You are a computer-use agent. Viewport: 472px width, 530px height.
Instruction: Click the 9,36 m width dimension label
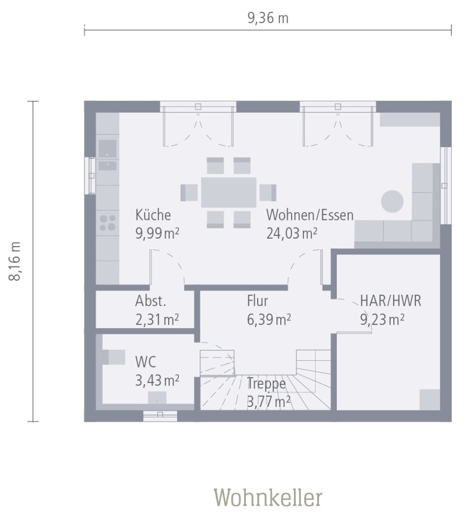(267, 19)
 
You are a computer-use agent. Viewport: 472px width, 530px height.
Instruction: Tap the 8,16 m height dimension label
(16, 261)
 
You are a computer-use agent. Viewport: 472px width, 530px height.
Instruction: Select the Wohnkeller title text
(268, 498)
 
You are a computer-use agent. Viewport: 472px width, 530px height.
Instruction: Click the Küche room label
(153, 215)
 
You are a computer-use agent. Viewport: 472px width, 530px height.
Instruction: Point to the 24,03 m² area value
(291, 233)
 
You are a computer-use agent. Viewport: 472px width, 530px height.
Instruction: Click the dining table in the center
(229, 192)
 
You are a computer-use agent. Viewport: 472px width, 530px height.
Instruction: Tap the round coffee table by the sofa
(392, 201)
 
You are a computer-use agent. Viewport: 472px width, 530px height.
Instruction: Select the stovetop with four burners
(108, 222)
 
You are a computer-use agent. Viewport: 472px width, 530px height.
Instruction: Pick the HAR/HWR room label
(390, 301)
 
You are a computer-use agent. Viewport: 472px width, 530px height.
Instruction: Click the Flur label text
(258, 300)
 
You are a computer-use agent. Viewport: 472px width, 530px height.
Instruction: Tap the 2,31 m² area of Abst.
(157, 319)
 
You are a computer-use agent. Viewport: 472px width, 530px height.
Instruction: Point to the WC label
(146, 362)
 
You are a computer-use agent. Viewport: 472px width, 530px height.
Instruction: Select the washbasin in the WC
(157, 397)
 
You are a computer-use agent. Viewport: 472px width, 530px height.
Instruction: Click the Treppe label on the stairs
(266, 383)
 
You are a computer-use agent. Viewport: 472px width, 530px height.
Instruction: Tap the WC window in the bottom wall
(160, 416)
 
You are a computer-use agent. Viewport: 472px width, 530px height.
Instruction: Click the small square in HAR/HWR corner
(429, 399)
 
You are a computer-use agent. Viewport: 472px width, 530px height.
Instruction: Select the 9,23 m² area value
(382, 319)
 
